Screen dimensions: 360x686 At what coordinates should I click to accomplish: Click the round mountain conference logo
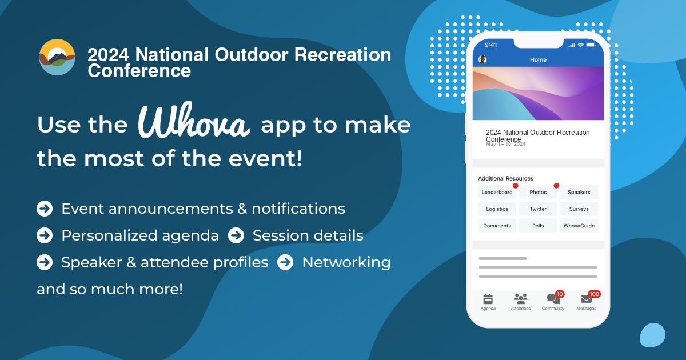(x=57, y=57)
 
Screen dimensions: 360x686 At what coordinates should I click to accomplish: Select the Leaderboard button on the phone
(x=497, y=192)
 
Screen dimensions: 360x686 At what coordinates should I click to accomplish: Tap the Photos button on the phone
(x=538, y=192)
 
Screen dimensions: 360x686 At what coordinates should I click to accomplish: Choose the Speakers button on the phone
(x=579, y=192)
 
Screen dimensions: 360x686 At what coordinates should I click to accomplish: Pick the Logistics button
(x=497, y=209)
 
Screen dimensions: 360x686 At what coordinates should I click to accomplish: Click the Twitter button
(x=538, y=209)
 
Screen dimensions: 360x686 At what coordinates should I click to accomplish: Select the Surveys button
(x=579, y=209)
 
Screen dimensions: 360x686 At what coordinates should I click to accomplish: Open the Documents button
(x=497, y=226)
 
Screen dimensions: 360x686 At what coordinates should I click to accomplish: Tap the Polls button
(x=538, y=226)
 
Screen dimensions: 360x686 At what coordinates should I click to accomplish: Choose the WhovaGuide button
(x=579, y=226)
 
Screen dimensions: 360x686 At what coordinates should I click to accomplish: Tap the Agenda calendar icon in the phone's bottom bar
(x=488, y=298)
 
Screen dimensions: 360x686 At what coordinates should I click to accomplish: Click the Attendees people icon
(x=520, y=298)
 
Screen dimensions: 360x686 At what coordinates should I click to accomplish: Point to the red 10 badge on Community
(x=560, y=294)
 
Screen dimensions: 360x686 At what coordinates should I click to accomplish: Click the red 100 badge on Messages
(x=594, y=294)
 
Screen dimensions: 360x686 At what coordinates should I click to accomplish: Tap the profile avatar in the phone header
(x=482, y=59)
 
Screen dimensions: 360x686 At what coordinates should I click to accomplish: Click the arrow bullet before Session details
(x=236, y=235)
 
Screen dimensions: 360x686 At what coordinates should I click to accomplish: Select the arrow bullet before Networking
(x=285, y=262)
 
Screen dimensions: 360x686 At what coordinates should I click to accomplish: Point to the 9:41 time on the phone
(x=491, y=45)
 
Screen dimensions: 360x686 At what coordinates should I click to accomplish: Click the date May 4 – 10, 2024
(x=505, y=144)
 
